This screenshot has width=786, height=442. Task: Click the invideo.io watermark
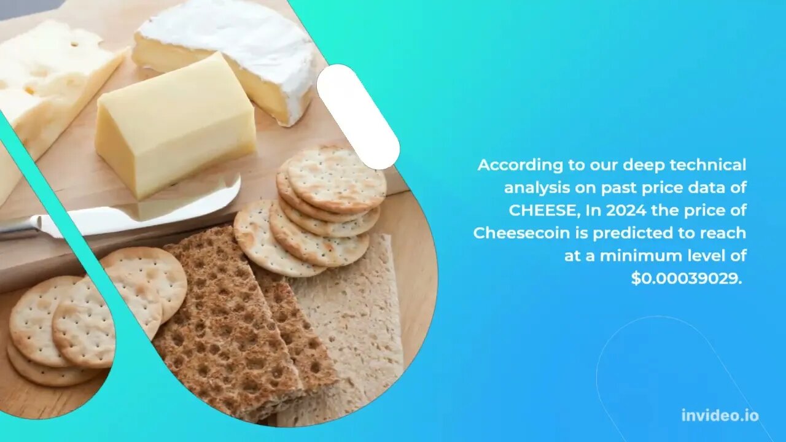[x=720, y=416]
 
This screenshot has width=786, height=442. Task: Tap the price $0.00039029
[x=687, y=279]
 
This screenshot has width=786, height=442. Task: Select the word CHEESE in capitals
[x=543, y=211]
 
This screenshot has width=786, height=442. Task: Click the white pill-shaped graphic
[x=358, y=117]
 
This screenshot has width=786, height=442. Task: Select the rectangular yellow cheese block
[x=176, y=126]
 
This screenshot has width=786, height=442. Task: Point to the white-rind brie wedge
[x=232, y=53]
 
